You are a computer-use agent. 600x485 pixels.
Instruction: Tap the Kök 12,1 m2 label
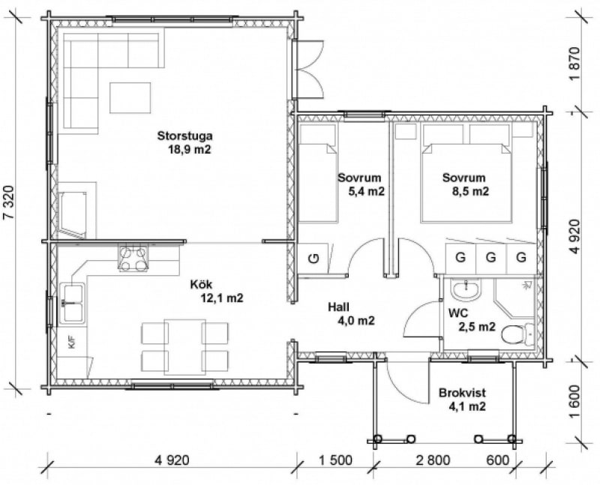pos(216,291)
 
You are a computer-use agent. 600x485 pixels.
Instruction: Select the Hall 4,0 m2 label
pos(351,313)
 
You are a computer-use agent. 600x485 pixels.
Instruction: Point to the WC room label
pos(458,313)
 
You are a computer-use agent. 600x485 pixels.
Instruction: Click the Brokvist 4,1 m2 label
pos(462,400)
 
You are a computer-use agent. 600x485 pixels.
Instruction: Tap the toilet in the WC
pos(517,334)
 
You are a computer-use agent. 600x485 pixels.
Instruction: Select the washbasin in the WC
pos(466,290)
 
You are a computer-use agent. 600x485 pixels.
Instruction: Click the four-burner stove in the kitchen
pos(133,259)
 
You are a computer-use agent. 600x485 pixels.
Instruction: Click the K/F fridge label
pos(71,342)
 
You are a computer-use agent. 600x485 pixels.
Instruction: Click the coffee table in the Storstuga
pos(130,97)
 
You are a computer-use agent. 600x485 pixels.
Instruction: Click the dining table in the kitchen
pos(184,346)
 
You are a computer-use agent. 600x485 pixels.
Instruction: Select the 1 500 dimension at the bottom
pos(335,460)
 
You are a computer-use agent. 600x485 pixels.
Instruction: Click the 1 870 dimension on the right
pos(574,64)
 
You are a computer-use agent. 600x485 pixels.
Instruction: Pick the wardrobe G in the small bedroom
pos(313,259)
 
